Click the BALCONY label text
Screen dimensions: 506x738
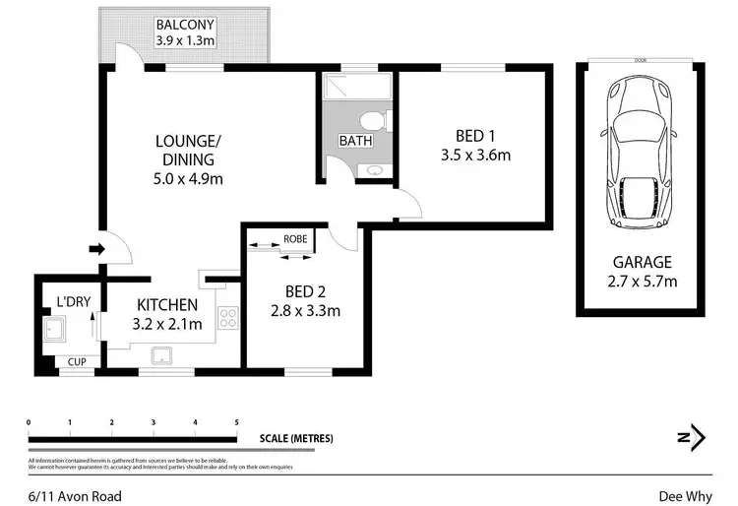pos(186,24)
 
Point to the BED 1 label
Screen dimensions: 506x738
pos(476,135)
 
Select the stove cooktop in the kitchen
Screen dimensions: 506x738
pos(227,319)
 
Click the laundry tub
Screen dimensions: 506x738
pos(54,329)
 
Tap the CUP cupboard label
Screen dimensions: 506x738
pos(75,362)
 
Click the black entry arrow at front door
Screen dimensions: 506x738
pos(95,249)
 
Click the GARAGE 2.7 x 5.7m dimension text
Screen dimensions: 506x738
pos(643,283)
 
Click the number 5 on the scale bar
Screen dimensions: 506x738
pos(236,422)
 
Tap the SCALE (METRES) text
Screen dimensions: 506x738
pos(296,438)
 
